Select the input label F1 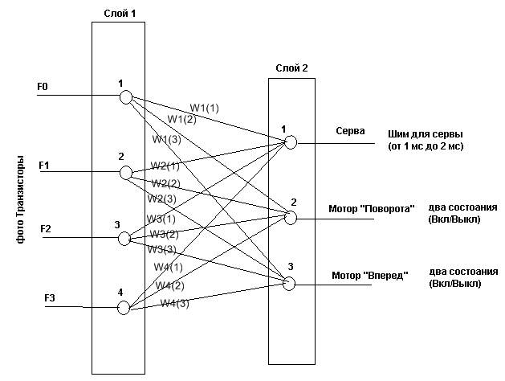coord(44,165)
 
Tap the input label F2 coord(45,230)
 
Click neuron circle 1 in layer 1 coord(125,97)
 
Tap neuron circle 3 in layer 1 coord(123,239)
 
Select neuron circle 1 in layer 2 coord(290,142)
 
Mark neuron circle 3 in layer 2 coord(289,282)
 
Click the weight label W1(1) coord(204,108)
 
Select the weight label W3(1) coord(161,218)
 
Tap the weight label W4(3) coord(175,303)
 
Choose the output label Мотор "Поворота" coord(371,209)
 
